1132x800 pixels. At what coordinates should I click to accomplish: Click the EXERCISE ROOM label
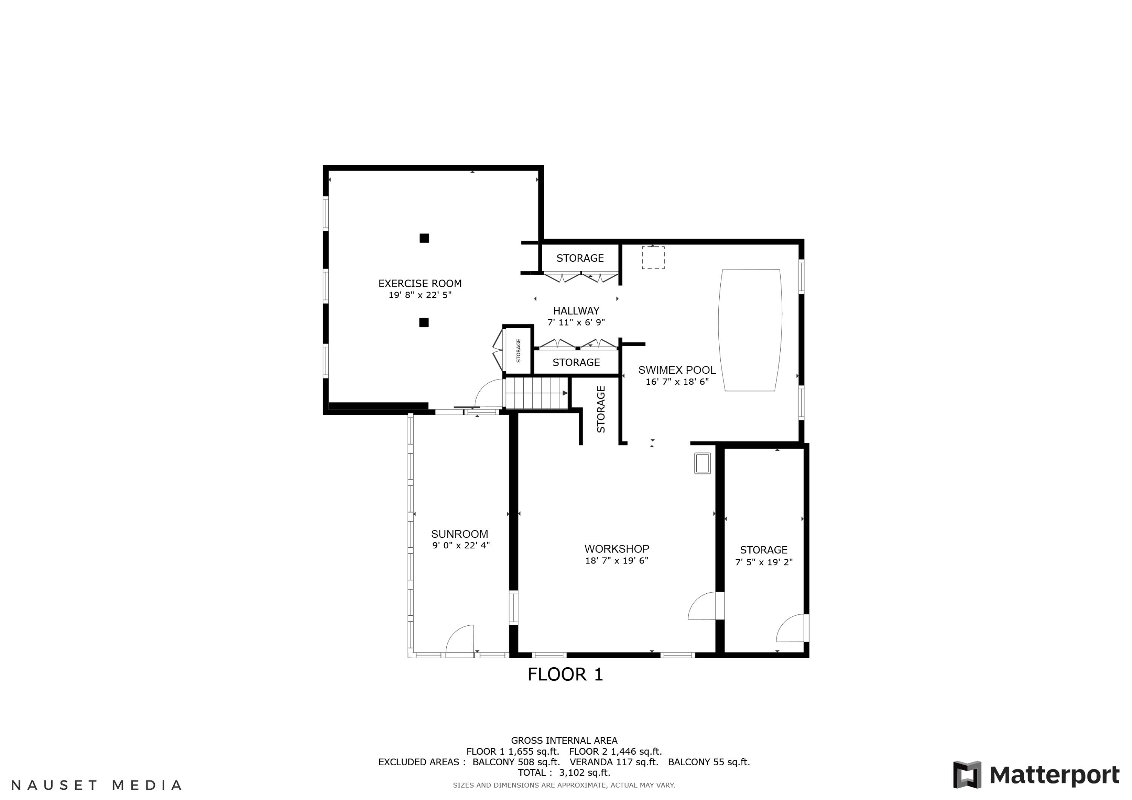(x=420, y=283)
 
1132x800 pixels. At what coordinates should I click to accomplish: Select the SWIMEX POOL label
(x=677, y=370)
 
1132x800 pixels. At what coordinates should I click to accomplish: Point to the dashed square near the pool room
(x=653, y=258)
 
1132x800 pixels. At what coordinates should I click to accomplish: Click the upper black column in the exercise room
(x=424, y=238)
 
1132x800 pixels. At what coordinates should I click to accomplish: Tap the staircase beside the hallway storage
(x=537, y=393)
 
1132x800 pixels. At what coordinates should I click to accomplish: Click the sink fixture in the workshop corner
(x=702, y=463)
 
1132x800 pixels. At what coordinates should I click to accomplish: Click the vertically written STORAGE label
(x=600, y=409)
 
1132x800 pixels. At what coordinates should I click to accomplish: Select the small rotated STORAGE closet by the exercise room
(x=518, y=350)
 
